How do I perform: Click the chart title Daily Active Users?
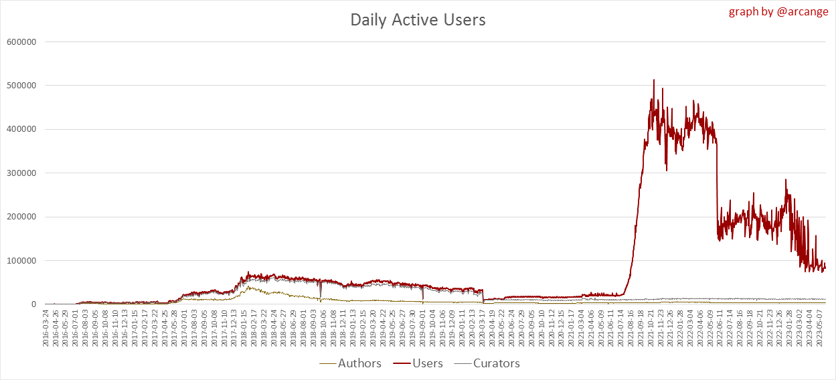418,20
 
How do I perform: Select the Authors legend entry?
359,363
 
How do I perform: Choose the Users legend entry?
429,363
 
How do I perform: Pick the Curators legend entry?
496,363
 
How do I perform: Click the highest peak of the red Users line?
654,80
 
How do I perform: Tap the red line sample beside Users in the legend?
400,363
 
